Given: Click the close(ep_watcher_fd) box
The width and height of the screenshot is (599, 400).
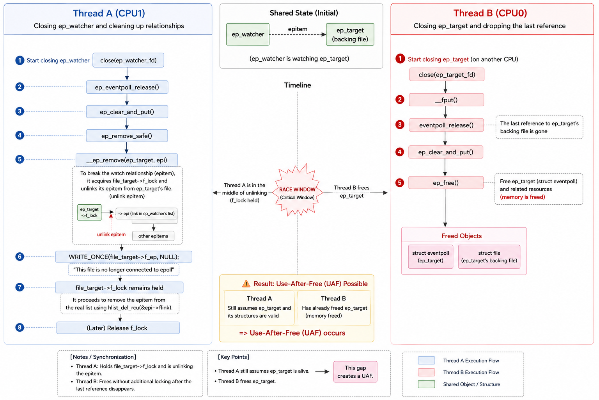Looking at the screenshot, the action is (x=128, y=60).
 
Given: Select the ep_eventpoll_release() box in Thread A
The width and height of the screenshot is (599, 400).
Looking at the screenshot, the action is (x=127, y=87).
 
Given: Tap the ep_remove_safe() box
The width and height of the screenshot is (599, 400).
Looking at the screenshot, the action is (x=127, y=136).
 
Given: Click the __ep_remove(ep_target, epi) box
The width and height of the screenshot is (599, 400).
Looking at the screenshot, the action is (x=126, y=160).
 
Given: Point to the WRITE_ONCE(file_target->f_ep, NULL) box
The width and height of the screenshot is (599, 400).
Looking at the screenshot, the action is (x=124, y=257).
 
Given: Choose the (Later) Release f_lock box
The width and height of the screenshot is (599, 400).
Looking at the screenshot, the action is (x=118, y=328).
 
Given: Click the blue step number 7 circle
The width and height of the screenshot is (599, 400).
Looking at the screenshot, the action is (x=19, y=287).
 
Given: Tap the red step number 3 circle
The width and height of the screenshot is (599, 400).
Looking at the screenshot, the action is (x=400, y=125).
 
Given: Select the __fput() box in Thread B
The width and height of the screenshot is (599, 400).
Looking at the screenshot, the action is (x=446, y=100).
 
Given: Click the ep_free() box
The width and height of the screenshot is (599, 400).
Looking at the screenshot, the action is (x=446, y=183).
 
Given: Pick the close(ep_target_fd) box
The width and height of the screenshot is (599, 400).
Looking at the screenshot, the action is (x=447, y=75).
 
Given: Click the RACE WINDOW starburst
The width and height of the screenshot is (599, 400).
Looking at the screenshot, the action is (x=297, y=191).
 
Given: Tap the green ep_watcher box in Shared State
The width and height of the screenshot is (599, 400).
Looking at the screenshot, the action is (x=248, y=34).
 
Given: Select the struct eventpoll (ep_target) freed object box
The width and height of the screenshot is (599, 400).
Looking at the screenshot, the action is (x=431, y=257).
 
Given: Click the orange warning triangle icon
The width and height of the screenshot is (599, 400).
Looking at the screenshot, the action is (x=246, y=284).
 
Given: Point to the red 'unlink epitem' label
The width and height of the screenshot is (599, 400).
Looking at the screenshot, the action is (x=111, y=234).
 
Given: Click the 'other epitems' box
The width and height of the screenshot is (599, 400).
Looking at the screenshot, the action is (x=153, y=236).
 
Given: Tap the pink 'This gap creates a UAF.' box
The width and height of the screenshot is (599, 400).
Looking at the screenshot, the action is (x=355, y=371).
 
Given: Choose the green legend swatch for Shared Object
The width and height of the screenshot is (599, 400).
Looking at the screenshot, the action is (x=426, y=384).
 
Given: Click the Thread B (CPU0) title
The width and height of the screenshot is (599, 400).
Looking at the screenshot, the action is (x=490, y=13).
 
